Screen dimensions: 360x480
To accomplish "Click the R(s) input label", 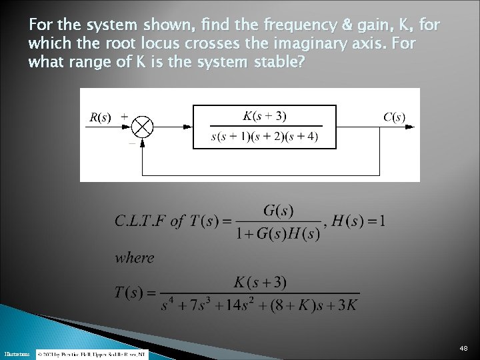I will pyautogui.click(x=101, y=118).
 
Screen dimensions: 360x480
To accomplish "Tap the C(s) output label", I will pyautogui.click(x=393, y=117).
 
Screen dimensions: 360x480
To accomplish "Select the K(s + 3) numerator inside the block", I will pyautogui.click(x=265, y=115).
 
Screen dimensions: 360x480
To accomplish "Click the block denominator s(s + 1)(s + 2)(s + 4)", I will pyautogui.click(x=265, y=137).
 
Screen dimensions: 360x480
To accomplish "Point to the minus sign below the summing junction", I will pyautogui.click(x=131, y=142).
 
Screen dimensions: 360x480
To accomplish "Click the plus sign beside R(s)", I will pyautogui.click(x=124, y=115).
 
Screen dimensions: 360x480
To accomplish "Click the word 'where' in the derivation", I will pyautogui.click(x=134, y=257).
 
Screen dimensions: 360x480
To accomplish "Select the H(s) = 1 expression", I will pyautogui.click(x=360, y=221).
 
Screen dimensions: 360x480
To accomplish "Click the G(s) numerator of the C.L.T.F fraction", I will pyautogui.click(x=279, y=211).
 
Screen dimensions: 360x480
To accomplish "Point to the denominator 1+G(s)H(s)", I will pyautogui.click(x=279, y=234).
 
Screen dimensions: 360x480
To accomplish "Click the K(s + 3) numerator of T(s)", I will pyautogui.click(x=260, y=283).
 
